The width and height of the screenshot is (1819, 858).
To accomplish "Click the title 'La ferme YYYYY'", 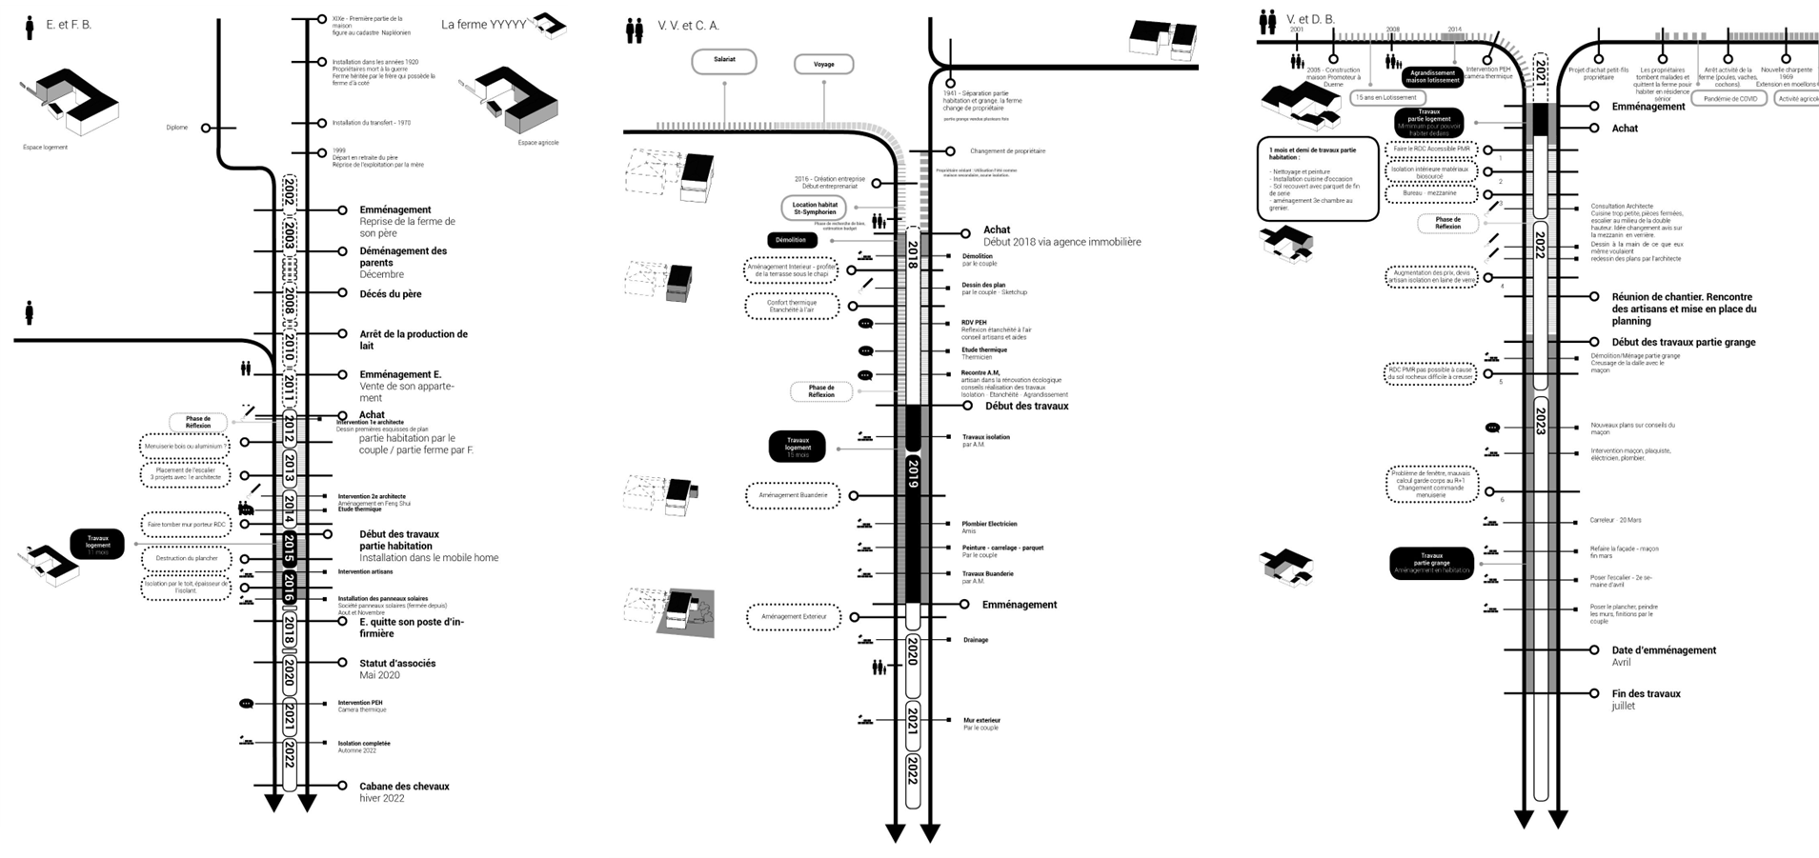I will (483, 25).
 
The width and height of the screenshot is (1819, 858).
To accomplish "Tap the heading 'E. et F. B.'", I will (69, 25).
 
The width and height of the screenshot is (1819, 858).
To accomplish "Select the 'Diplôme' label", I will (177, 128).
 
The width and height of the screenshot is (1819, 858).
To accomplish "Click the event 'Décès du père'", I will (391, 294).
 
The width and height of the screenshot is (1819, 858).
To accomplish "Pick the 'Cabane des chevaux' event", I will (404, 787).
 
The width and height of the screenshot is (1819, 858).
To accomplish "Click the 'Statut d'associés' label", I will (397, 663).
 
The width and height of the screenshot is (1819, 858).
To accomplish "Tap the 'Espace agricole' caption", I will (538, 143).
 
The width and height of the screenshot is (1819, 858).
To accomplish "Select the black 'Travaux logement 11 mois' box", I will (97, 544).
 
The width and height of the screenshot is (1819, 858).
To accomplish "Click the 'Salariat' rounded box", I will (724, 60).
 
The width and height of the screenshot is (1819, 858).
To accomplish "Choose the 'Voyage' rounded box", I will (824, 64).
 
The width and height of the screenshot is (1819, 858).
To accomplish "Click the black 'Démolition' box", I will (791, 240).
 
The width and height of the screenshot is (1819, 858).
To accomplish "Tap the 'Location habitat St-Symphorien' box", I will (815, 208).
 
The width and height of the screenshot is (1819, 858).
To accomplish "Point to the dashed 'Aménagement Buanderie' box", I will (793, 495).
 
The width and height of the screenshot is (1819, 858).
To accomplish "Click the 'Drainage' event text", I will (975, 640).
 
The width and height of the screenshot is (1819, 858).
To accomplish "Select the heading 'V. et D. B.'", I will (1310, 19).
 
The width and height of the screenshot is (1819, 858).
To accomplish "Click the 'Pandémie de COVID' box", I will (1730, 99).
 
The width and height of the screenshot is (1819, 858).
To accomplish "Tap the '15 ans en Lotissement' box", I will (1386, 97).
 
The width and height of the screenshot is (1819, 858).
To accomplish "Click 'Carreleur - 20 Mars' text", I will (1616, 520).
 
